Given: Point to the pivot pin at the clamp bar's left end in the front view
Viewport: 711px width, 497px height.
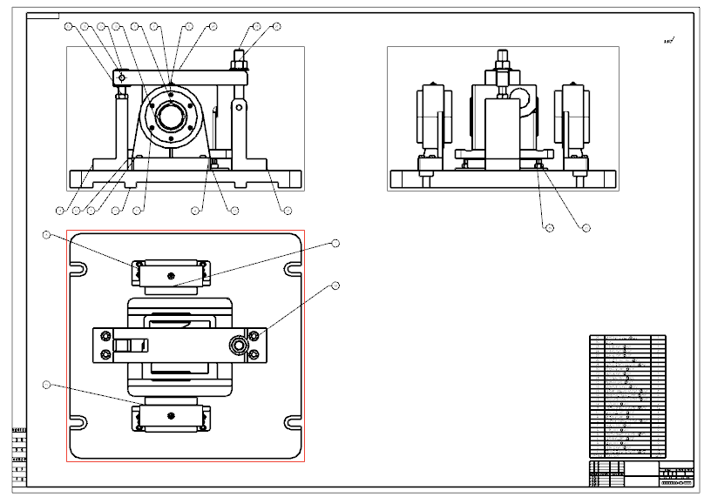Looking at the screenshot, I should point(121,77).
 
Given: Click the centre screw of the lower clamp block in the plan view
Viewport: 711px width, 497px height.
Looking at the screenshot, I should point(171,414).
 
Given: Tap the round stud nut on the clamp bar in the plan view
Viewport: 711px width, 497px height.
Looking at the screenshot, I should point(238,344).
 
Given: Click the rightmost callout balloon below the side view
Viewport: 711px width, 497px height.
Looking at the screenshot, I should point(586,228).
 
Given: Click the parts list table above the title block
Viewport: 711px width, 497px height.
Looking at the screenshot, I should point(627,396).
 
